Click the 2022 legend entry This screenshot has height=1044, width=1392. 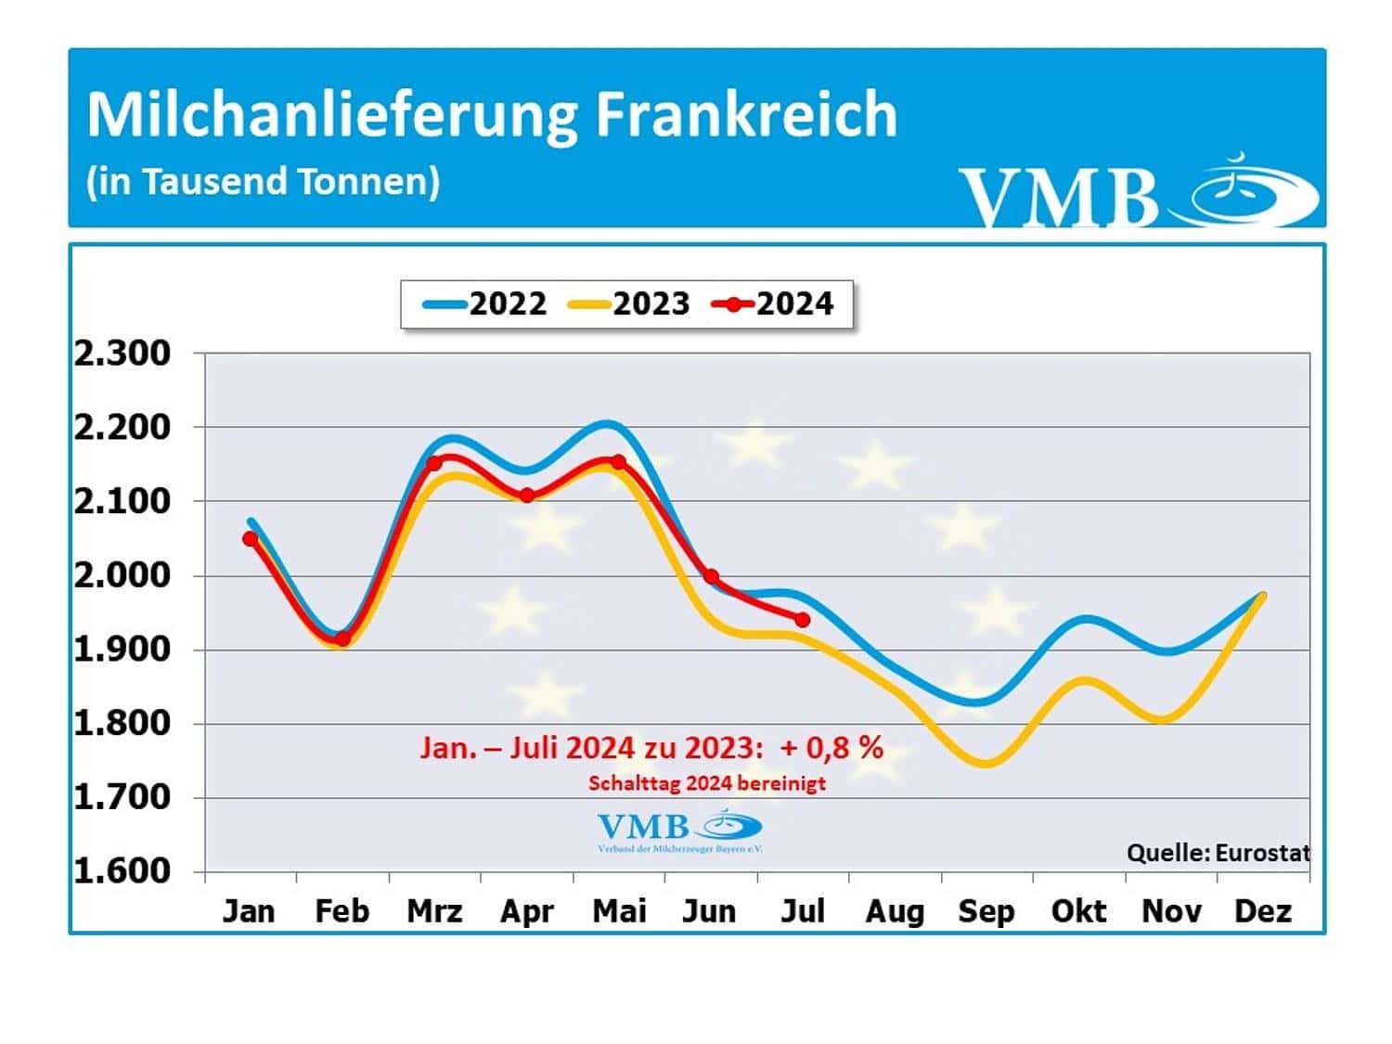(485, 303)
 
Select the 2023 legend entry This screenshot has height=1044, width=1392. (629, 303)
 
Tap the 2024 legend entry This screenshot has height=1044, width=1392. (773, 303)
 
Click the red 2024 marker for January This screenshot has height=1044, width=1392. (251, 539)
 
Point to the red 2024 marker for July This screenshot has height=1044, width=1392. (803, 619)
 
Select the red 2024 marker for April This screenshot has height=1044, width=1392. (527, 496)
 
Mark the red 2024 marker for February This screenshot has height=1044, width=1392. (342, 638)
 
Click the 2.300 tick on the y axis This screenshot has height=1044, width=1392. (122, 354)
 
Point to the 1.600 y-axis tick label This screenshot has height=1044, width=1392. (122, 871)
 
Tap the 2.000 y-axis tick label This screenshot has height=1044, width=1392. (122, 575)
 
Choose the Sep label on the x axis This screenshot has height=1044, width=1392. (986, 911)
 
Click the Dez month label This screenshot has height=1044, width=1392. (1262, 911)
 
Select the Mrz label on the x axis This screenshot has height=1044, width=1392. (434, 911)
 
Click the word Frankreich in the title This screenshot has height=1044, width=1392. (745, 115)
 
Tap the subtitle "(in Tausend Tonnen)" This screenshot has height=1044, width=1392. (263, 181)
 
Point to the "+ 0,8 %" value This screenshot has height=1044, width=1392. (831, 747)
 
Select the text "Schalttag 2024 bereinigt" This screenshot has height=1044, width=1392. (707, 783)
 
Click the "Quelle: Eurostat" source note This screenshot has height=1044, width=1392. (1218, 852)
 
